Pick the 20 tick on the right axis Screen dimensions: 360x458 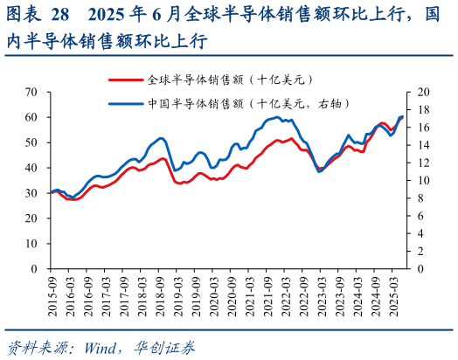pyautogui.click(x=424, y=92)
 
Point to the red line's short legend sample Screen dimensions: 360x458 pyautogui.click(x=125, y=80)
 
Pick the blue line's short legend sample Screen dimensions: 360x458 pyautogui.click(x=125, y=102)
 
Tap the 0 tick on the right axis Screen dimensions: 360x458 pyautogui.click(x=420, y=269)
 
